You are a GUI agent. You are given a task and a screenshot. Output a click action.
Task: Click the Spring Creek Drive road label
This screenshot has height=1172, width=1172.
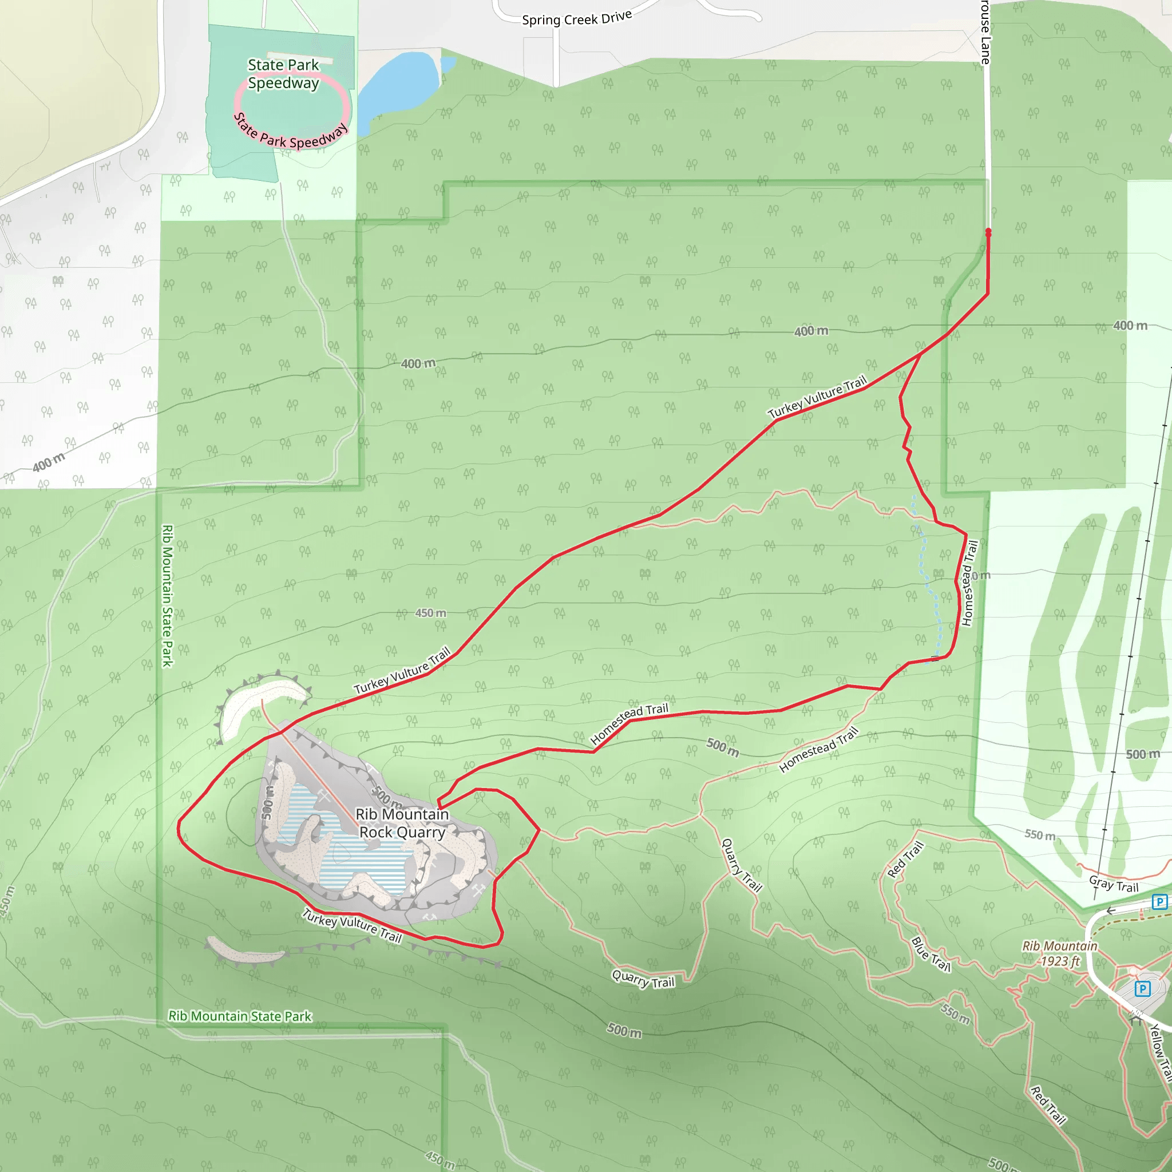[576, 18]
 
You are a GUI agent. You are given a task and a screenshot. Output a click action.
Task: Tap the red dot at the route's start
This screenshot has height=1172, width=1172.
[988, 232]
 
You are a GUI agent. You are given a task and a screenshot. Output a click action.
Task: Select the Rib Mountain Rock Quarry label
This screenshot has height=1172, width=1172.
[402, 823]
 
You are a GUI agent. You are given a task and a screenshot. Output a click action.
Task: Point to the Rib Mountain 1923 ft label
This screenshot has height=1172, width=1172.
[1060, 953]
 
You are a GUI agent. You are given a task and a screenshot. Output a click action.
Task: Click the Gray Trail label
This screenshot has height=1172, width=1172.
[1113, 884]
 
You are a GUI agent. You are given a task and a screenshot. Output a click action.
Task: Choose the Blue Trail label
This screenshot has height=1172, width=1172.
[931, 954]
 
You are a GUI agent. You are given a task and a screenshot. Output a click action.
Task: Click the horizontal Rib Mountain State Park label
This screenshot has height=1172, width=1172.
[240, 1016]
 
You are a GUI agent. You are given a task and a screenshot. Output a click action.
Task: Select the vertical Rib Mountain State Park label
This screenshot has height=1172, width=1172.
[168, 596]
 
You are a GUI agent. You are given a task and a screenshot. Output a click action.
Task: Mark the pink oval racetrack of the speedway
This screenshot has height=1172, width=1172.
[346, 103]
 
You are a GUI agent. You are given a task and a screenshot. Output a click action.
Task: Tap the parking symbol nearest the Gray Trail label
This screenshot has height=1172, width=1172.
[1159, 902]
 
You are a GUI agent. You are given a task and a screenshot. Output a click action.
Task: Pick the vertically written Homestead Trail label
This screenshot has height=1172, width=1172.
[969, 583]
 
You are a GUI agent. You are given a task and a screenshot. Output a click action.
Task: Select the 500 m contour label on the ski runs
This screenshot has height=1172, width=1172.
[1142, 754]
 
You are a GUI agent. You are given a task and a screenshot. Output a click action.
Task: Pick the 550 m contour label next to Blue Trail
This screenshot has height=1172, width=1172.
[955, 1013]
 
